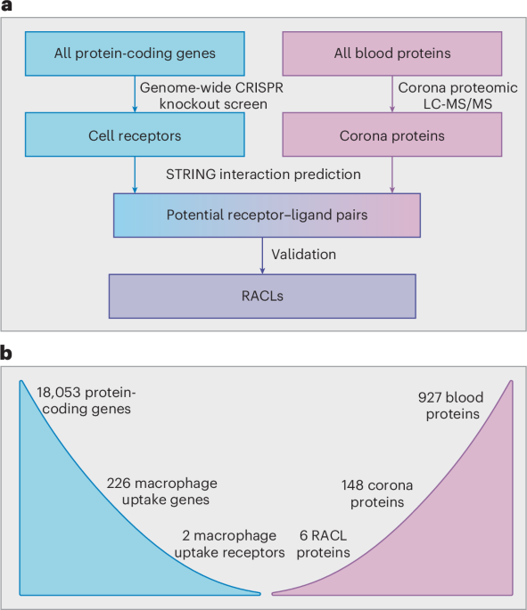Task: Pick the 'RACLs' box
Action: (261, 295)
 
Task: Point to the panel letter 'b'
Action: (8, 354)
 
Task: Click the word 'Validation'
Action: (305, 254)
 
